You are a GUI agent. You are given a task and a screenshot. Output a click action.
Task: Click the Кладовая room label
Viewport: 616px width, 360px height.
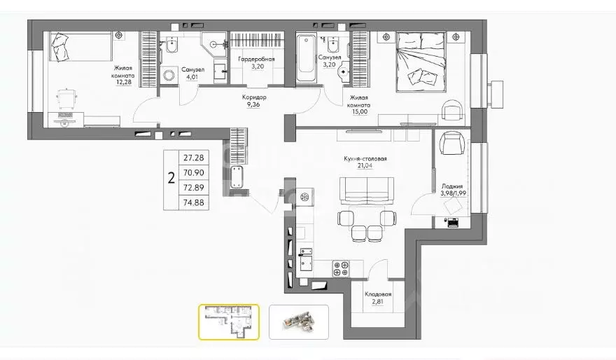[378, 294]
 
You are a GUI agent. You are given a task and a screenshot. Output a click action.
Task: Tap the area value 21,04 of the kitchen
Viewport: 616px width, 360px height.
[365, 165]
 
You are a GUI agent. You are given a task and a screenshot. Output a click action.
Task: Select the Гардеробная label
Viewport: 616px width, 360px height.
[256, 59]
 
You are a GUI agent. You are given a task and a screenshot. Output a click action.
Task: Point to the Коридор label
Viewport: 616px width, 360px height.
[254, 97]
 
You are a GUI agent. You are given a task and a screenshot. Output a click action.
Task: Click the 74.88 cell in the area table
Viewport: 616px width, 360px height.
[194, 202]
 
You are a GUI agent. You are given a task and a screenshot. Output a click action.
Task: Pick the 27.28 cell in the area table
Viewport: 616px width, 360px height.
[194, 158]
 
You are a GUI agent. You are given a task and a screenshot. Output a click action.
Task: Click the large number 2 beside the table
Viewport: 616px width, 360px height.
[171, 179]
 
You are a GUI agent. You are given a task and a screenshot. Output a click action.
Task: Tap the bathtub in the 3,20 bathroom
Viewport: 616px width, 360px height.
[306, 58]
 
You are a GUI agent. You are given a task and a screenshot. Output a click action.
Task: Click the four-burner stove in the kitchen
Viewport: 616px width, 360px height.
[341, 268]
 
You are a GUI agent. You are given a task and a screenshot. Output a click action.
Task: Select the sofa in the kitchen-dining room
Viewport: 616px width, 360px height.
[367, 191]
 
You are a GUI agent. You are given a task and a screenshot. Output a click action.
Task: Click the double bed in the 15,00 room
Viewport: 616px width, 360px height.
[421, 62]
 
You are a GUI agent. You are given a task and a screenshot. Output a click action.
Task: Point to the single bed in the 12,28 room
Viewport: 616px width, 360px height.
[80, 47]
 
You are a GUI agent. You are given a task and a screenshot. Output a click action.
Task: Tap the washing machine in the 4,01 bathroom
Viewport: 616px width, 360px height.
[169, 74]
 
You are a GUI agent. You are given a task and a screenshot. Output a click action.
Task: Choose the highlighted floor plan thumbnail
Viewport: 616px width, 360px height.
[229, 322]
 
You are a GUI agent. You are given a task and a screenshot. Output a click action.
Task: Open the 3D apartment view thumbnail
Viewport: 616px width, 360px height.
[299, 322]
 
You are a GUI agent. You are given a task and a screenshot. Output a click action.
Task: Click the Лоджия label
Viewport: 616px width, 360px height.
[452, 186]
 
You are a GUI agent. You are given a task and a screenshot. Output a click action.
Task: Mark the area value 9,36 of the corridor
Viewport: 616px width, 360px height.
[253, 105]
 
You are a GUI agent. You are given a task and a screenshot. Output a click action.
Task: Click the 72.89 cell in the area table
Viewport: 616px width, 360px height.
[194, 188]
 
